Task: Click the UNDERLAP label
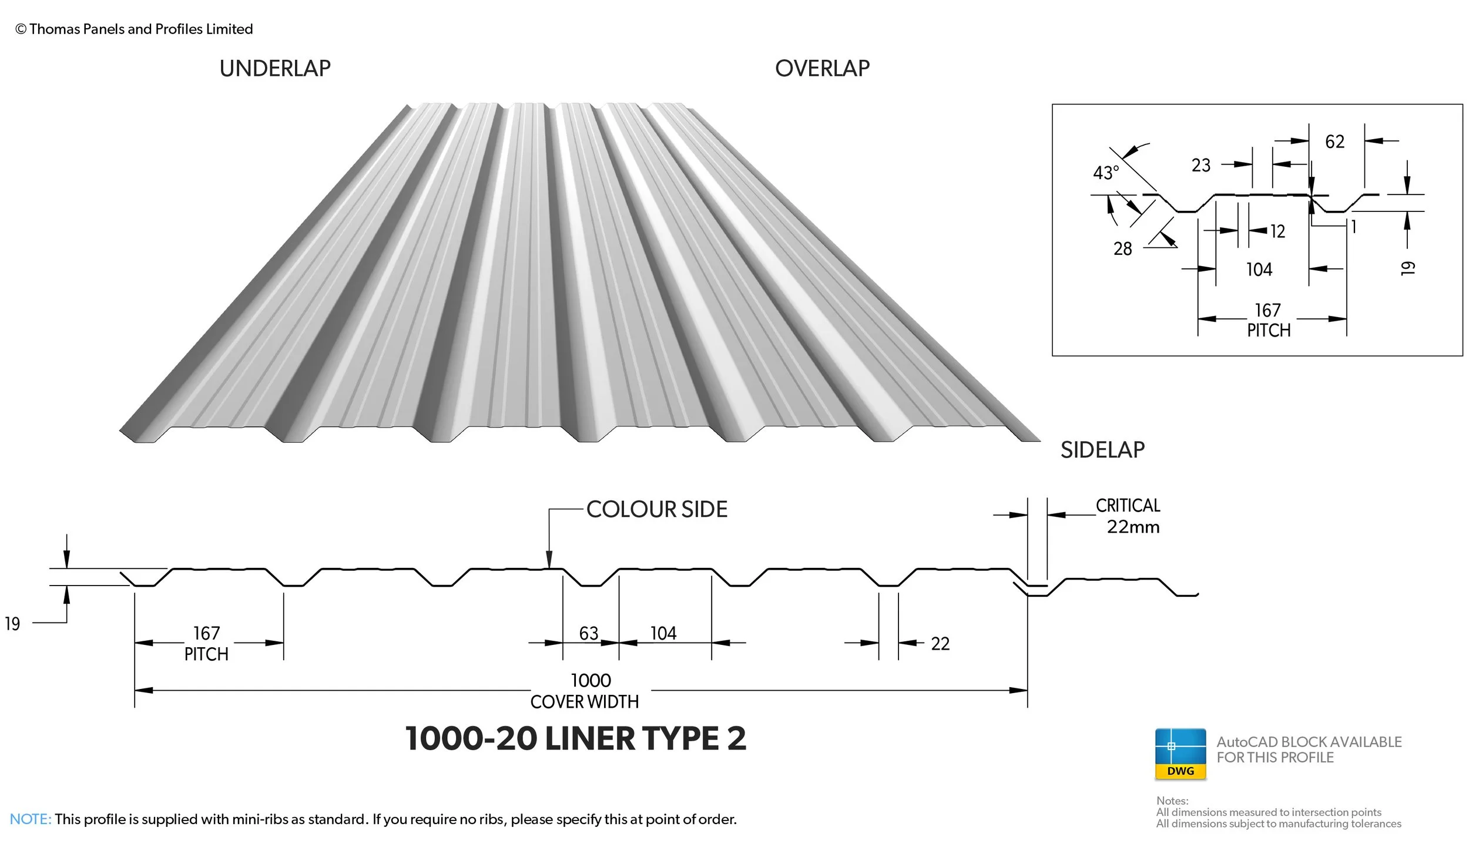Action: tap(275, 69)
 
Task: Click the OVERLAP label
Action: tap(822, 69)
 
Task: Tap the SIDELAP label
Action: tap(1102, 450)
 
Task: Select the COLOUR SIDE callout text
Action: tap(656, 509)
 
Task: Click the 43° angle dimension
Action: tap(1106, 173)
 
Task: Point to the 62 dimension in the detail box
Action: tap(1334, 142)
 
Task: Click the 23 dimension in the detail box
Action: tap(1200, 165)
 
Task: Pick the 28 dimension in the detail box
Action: tap(1122, 249)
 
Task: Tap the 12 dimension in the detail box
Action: tap(1277, 231)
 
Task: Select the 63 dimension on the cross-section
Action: tap(588, 633)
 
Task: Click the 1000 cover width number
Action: tap(591, 681)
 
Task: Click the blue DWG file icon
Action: tap(1180, 754)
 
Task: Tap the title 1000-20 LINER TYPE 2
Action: tap(575, 738)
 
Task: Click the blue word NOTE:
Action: tap(31, 819)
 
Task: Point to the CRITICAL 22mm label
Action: tap(1129, 516)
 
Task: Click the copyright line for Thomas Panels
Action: tap(134, 29)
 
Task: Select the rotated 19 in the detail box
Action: tap(1407, 268)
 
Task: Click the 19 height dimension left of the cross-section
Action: tap(12, 624)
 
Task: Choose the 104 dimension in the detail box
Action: tap(1259, 270)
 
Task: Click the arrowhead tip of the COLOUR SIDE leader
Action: tap(549, 567)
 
